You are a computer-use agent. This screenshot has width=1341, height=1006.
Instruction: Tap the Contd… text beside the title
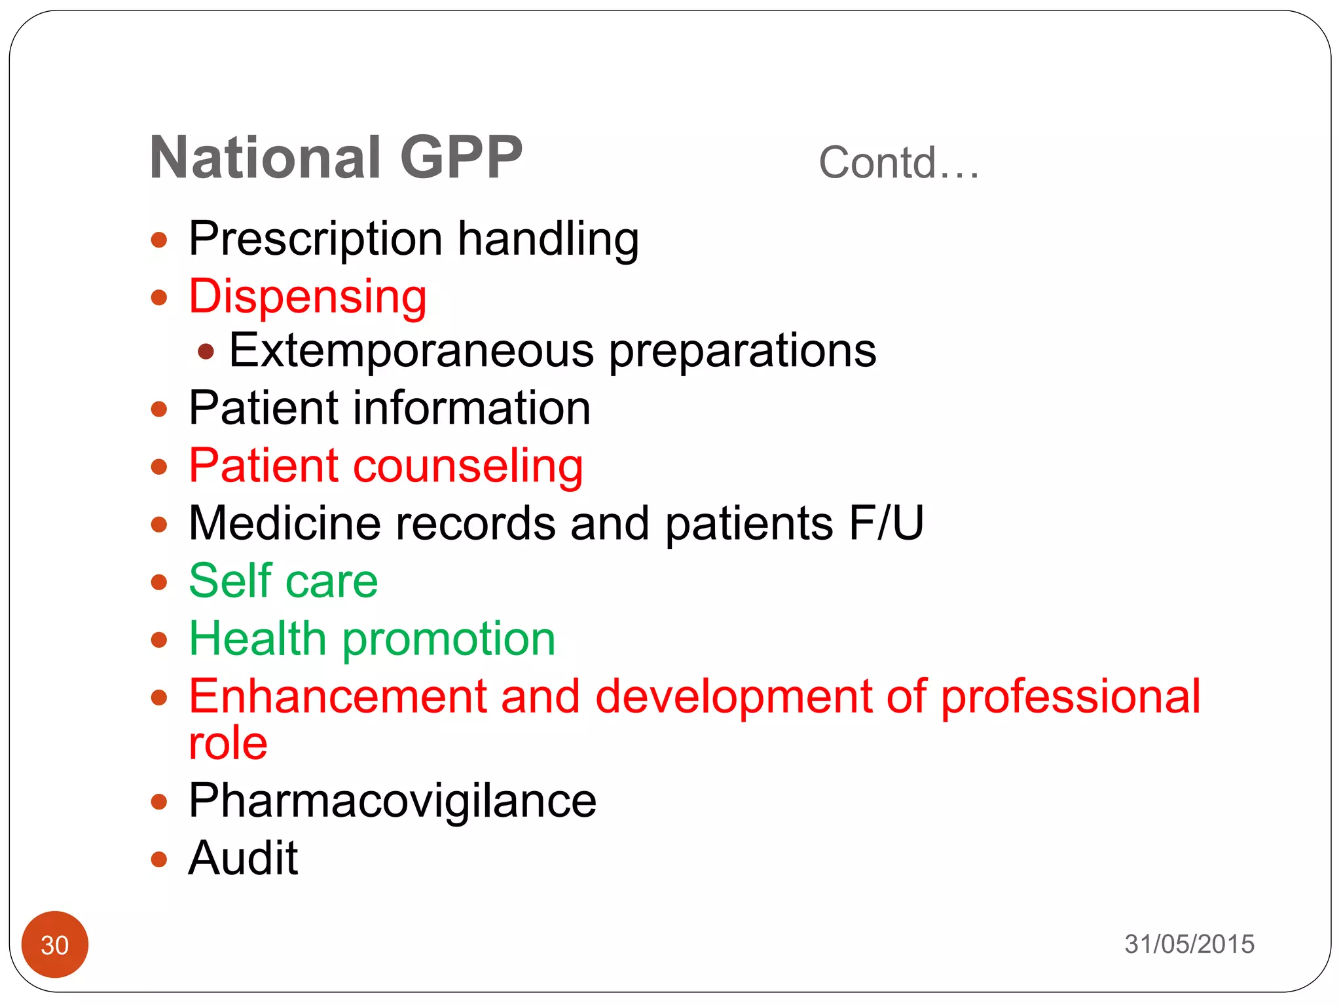coord(898,163)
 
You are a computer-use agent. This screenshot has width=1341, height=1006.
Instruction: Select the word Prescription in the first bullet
coord(315,239)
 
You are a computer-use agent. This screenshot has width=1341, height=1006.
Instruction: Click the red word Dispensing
coord(308,297)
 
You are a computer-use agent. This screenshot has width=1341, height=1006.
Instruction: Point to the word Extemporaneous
coord(411,351)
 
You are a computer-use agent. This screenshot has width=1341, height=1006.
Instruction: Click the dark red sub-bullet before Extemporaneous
coord(206,352)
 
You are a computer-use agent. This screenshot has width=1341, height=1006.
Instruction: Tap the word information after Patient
coord(471,408)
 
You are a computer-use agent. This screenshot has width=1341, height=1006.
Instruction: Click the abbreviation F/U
coord(886,523)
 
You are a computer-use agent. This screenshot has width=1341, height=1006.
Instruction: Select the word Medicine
coord(284,523)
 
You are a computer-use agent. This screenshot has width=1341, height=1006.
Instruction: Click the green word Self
coord(229,581)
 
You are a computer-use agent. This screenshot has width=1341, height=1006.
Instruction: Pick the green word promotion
coord(449,639)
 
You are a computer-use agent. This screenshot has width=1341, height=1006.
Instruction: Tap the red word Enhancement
coord(337,696)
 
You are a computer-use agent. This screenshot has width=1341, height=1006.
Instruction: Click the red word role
coord(228,743)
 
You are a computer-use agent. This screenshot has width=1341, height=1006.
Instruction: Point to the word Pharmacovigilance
coord(392,801)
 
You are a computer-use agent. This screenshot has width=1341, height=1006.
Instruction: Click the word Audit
coord(243,858)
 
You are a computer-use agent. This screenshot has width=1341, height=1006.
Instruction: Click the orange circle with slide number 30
coord(55,944)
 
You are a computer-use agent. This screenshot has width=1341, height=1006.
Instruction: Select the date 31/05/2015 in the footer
coord(1189,944)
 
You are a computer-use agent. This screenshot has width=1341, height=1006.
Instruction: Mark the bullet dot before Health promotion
coord(159,640)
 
